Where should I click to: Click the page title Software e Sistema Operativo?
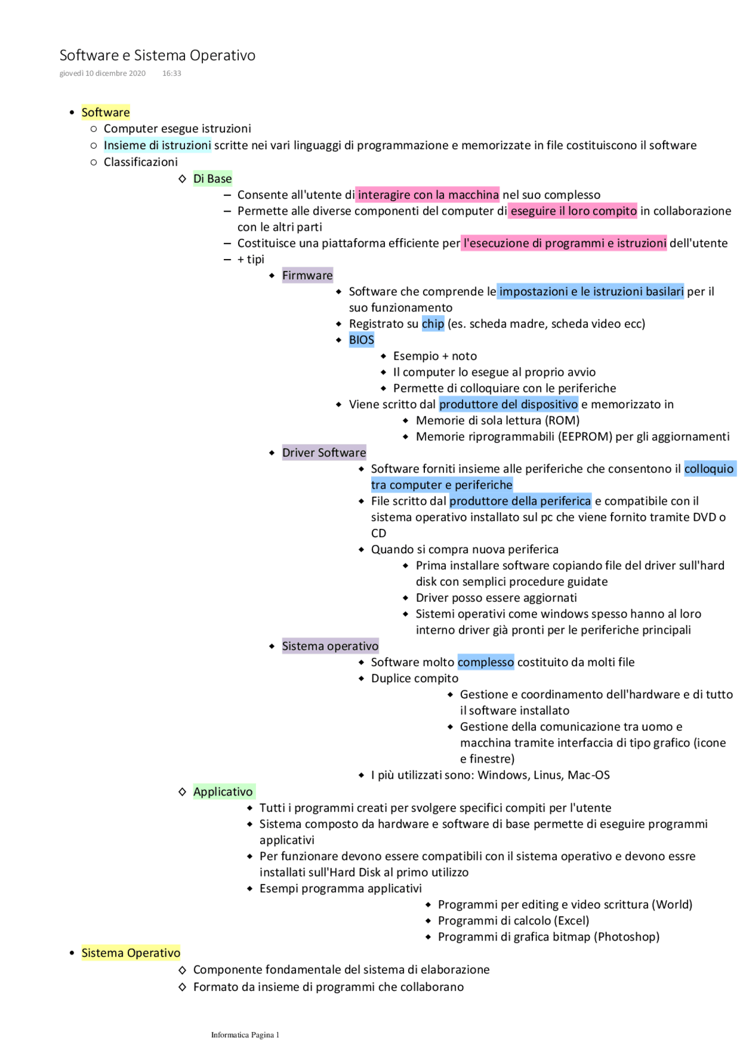point(157,56)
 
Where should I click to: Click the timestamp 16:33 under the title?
point(172,73)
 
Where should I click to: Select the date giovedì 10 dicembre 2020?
point(102,73)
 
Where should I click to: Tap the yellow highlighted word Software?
point(106,112)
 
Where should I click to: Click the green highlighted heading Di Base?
point(213,179)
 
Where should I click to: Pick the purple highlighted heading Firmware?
point(308,275)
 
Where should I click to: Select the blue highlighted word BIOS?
point(362,340)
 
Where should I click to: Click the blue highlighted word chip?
point(433,324)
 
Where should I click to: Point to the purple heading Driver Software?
point(324,453)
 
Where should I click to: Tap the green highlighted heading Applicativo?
point(223,791)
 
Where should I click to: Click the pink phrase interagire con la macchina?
point(428,195)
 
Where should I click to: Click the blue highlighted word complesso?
point(486,662)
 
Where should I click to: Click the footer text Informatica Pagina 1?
point(245,1035)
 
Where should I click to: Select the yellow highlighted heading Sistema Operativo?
point(131,953)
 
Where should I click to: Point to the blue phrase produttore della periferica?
point(520,501)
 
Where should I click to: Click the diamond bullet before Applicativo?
point(183,791)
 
